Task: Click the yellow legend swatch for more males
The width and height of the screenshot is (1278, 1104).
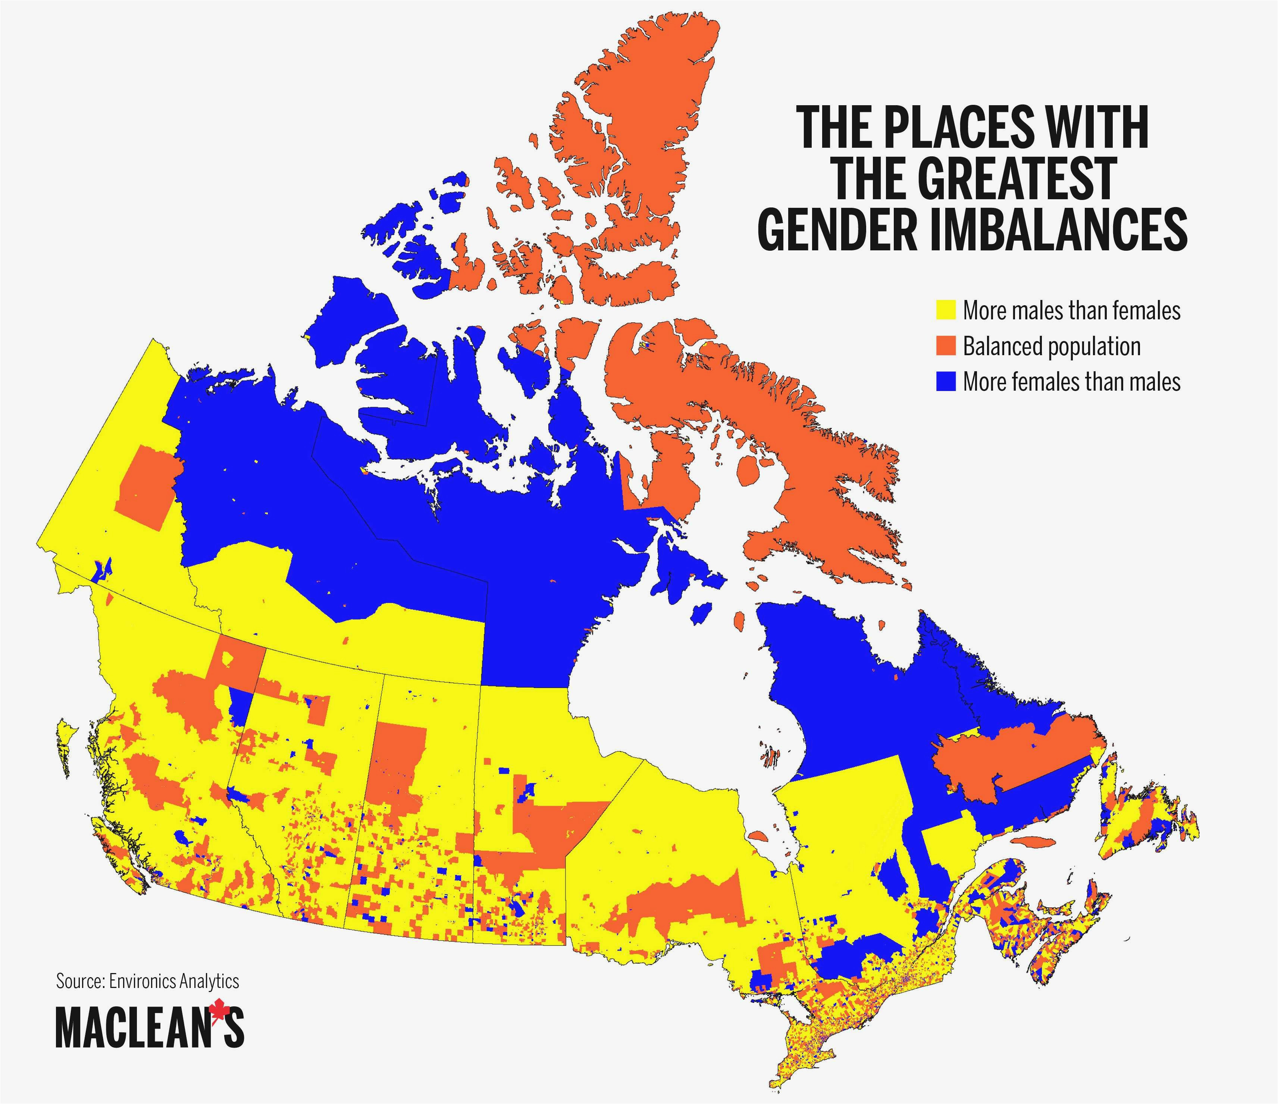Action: (x=945, y=310)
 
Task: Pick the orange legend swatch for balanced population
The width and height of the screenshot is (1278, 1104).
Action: (x=945, y=345)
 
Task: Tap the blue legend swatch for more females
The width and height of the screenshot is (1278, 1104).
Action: (x=945, y=382)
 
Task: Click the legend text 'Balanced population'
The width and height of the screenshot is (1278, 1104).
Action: (x=1051, y=346)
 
